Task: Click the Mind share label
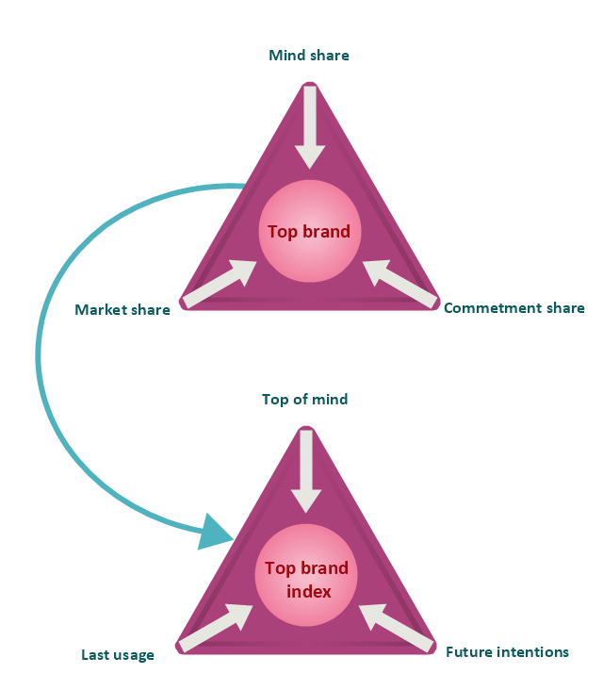tap(309, 56)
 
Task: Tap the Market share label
tap(122, 310)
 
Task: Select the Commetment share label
tap(513, 308)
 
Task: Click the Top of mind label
tap(304, 400)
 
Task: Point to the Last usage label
tap(118, 655)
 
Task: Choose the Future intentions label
tap(507, 651)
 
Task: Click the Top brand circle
tap(309, 231)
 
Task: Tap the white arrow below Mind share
tap(309, 127)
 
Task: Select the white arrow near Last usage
tap(216, 628)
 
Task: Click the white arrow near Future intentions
tap(397, 628)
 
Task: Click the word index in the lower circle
tap(308, 592)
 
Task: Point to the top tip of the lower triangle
tap(306, 431)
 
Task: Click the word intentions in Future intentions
tap(534, 651)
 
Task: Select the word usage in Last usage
tap(135, 655)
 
